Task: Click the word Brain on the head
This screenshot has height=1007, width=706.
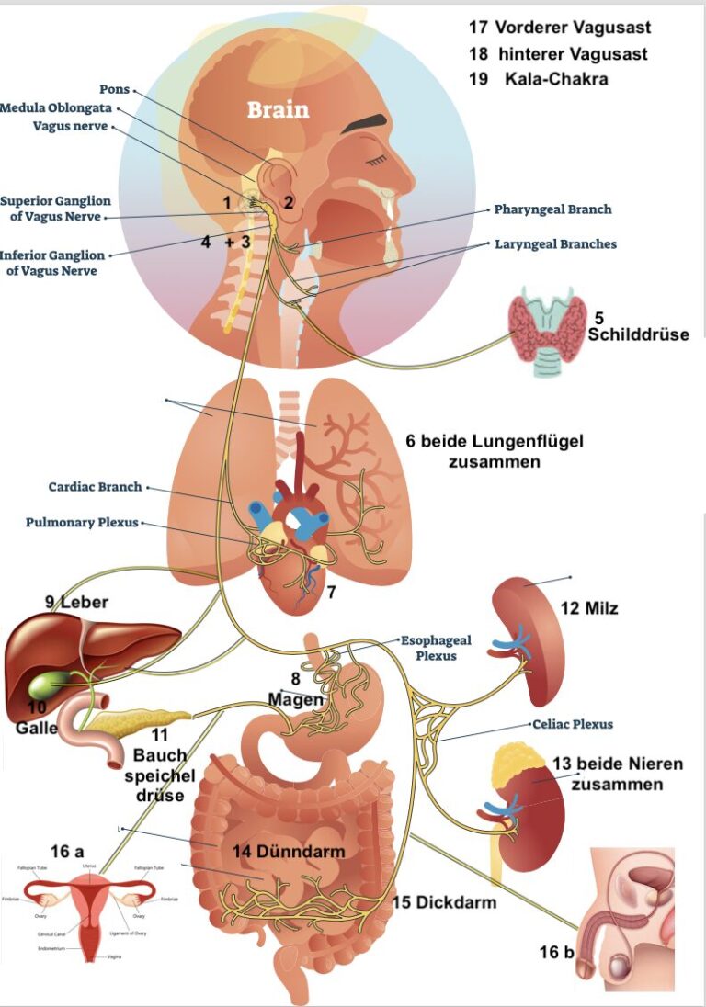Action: pyautogui.click(x=278, y=109)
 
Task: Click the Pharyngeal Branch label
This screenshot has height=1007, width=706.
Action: pyautogui.click(x=552, y=209)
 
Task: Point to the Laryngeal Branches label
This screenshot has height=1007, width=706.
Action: pyautogui.click(x=555, y=244)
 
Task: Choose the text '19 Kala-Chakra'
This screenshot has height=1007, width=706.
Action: pyautogui.click(x=539, y=79)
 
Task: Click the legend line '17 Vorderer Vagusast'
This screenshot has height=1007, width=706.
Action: pyautogui.click(x=559, y=28)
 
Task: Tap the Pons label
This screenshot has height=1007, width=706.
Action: pyautogui.click(x=114, y=89)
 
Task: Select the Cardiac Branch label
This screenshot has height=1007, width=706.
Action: pyautogui.click(x=96, y=487)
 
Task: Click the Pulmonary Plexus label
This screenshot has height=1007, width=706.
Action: pyautogui.click(x=82, y=523)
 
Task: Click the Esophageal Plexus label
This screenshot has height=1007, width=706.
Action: pyautogui.click(x=436, y=648)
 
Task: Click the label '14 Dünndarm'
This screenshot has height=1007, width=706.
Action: pyautogui.click(x=289, y=852)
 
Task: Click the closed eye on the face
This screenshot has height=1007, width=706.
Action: pyautogui.click(x=375, y=162)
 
